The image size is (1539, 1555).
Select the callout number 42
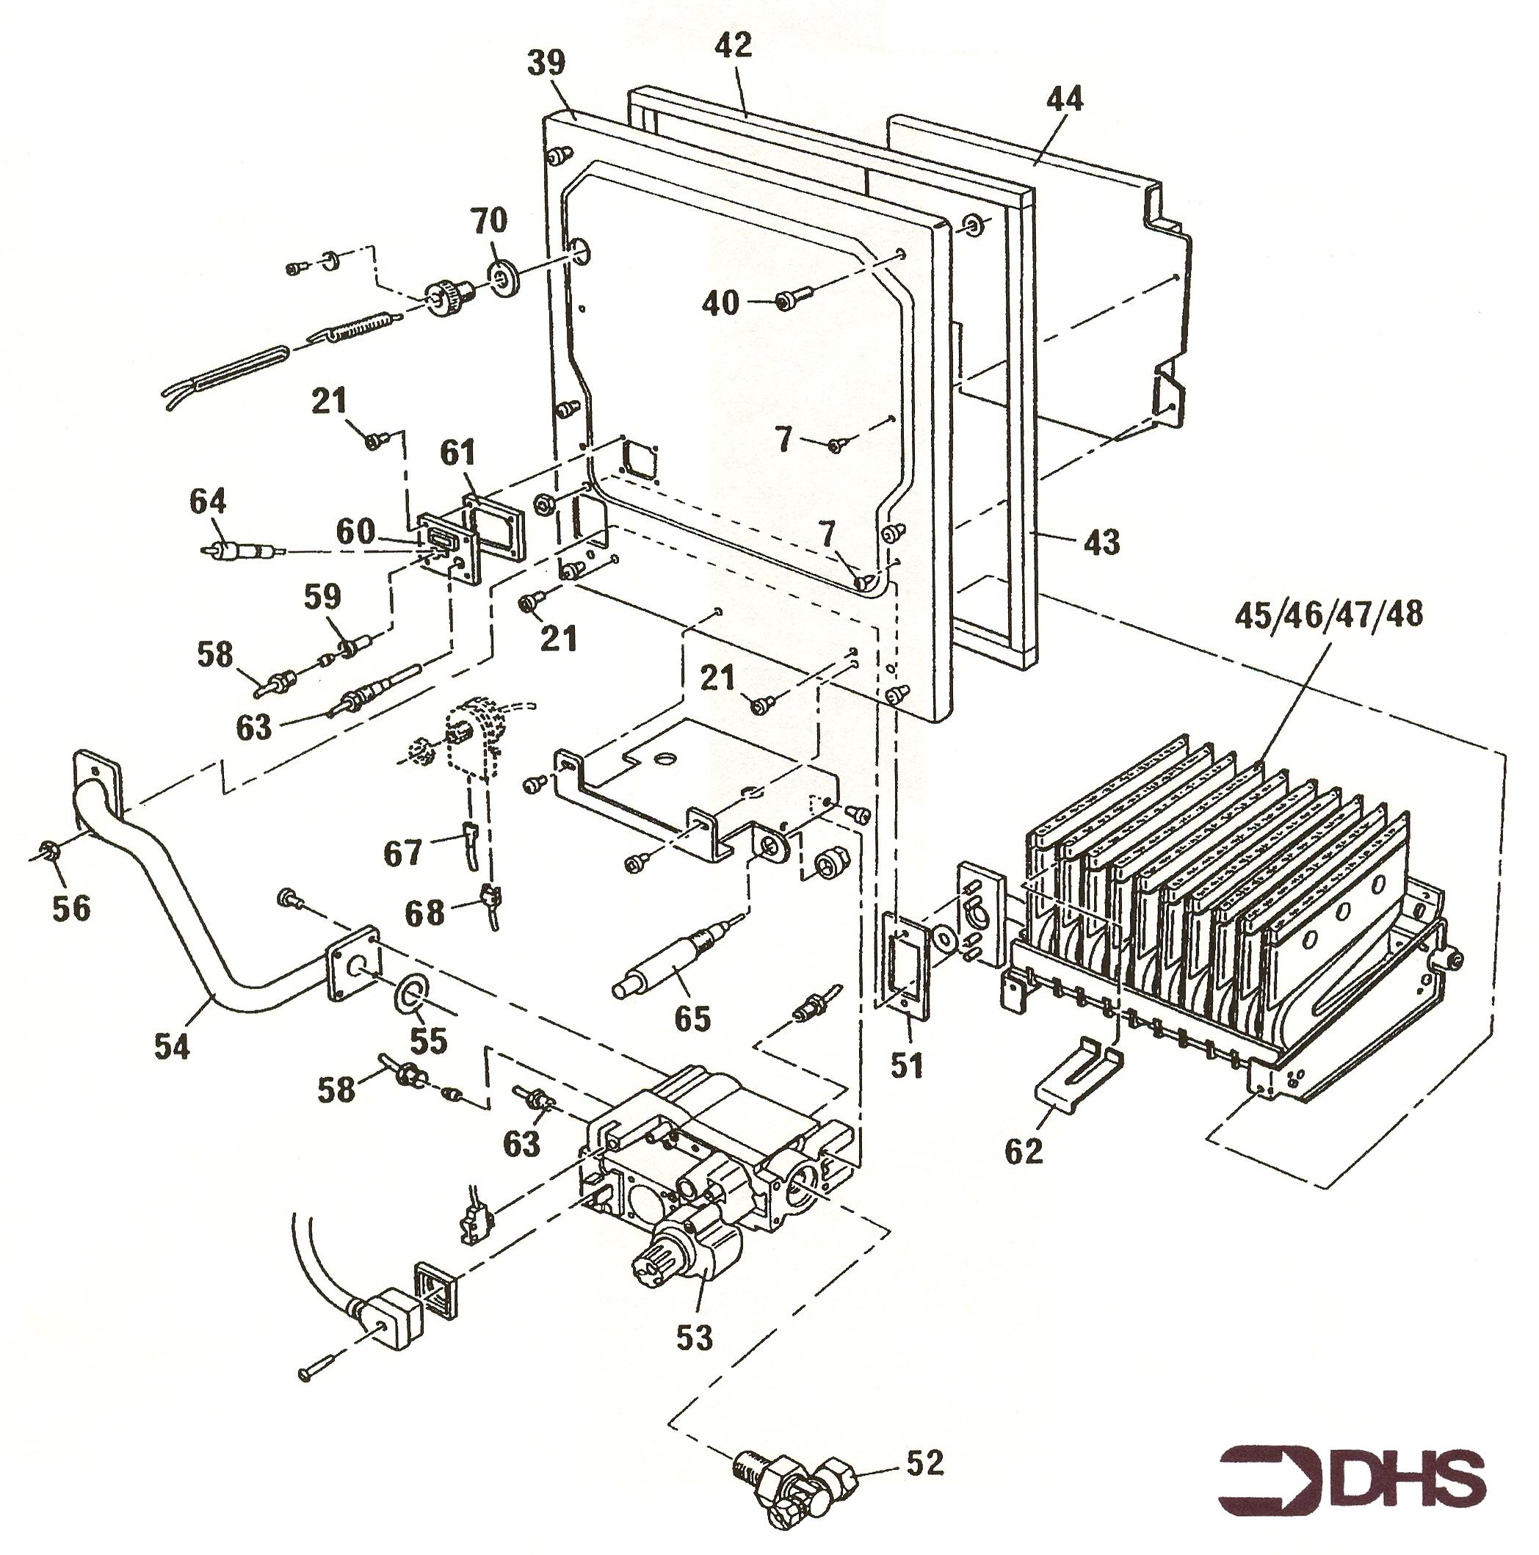pos(733,45)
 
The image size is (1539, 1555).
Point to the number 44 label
pos(1064,99)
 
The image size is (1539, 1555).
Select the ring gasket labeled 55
pos(410,991)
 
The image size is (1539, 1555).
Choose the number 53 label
pos(693,1338)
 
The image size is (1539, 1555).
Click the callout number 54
pos(171,1047)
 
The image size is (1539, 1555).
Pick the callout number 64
pos(208,501)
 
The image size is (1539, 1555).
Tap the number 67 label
pos(402,852)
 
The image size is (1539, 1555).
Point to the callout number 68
pos(424,913)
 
